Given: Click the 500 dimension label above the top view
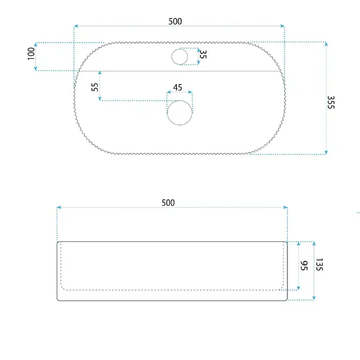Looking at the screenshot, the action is coord(175,22).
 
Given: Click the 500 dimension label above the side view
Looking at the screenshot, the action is coord(168,203).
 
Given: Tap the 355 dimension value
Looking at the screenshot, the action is coord(331,102).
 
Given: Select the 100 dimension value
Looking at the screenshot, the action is coord(31,54).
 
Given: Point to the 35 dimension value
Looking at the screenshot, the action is coord(203,55).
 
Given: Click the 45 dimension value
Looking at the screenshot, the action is coord(178,88).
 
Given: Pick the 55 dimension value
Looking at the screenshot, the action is coord(95,87).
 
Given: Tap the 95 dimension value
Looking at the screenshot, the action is coord(304,266).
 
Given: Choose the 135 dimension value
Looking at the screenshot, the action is coord(319,265).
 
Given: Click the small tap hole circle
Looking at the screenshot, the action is coord(180,57).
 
